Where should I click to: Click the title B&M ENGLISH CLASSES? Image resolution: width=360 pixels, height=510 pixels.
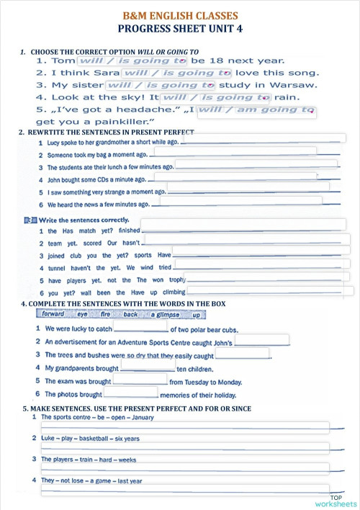pyautogui.click(x=180, y=15)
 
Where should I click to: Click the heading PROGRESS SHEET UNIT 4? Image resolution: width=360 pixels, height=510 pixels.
pyautogui.click(x=180, y=29)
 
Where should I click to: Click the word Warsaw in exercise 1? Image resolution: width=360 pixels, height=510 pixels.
pyautogui.click(x=296, y=85)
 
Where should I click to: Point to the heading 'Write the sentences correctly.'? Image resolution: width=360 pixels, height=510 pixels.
pyautogui.click(x=84, y=220)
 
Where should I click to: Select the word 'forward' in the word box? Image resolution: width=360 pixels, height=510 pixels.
pyautogui.click(x=53, y=314)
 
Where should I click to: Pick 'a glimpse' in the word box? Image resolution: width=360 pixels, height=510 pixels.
pyautogui.click(x=164, y=315)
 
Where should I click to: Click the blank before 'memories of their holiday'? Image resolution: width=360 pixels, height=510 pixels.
pyautogui.click(x=131, y=393)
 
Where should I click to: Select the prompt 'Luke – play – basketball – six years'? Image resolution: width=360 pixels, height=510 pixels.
pyautogui.click(x=90, y=438)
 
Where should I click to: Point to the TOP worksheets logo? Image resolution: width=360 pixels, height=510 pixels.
pyautogui.click(x=342, y=500)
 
